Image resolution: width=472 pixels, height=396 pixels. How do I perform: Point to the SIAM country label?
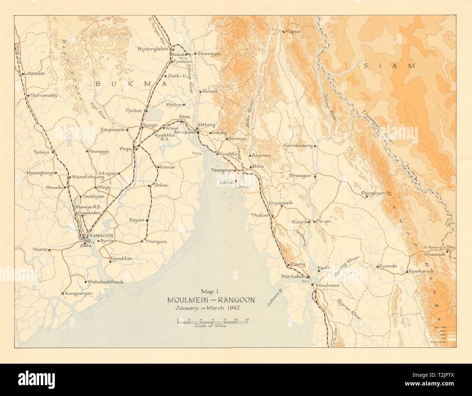tap(390, 66)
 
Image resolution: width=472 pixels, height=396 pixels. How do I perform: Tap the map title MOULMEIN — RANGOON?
tap(211, 300)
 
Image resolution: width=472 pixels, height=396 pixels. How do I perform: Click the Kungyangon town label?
tap(79, 293)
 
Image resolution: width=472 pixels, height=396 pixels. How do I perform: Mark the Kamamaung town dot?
tap(315, 146)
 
